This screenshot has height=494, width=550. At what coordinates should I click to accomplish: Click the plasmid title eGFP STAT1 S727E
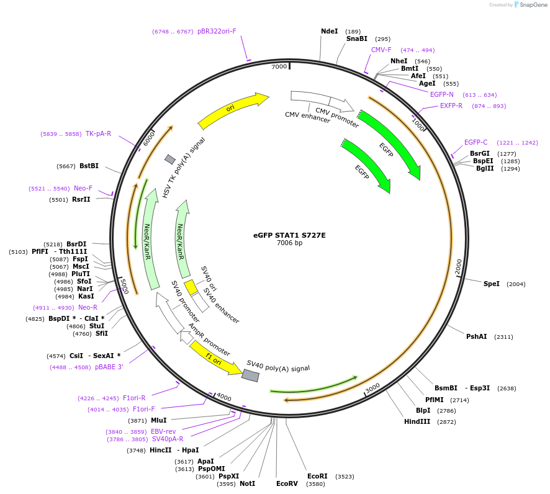[x=289, y=235]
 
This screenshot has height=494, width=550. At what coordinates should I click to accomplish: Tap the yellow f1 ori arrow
[x=215, y=359]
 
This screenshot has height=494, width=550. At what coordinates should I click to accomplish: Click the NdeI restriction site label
[x=329, y=31]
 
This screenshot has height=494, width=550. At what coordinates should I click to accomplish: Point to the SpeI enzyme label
[x=491, y=284]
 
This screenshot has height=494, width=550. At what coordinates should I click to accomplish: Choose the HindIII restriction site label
[x=417, y=421]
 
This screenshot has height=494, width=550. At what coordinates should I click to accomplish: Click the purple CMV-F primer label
[x=381, y=50]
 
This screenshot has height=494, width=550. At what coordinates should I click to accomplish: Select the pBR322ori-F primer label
[x=217, y=31]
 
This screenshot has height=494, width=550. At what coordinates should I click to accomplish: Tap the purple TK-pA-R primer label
[x=98, y=133]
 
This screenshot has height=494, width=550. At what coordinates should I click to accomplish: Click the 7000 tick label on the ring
[x=279, y=66]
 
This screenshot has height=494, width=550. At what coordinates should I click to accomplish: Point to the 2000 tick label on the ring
[x=458, y=266]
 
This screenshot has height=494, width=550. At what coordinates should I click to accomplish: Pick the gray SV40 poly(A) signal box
[x=250, y=375]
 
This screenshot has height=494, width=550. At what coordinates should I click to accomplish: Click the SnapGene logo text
[x=533, y=5]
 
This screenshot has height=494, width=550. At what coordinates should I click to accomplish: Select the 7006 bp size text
[x=289, y=243]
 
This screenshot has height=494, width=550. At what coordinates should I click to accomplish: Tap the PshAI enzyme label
[x=476, y=336]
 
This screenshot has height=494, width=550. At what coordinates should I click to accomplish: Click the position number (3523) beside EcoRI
[x=345, y=477]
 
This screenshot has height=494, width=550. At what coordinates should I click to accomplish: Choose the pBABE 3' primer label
[x=109, y=367]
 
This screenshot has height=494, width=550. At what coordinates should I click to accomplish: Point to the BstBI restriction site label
[x=89, y=166]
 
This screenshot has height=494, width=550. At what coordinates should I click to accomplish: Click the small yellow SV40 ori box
[x=191, y=287]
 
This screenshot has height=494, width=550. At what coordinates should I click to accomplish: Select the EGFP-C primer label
[x=476, y=142]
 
